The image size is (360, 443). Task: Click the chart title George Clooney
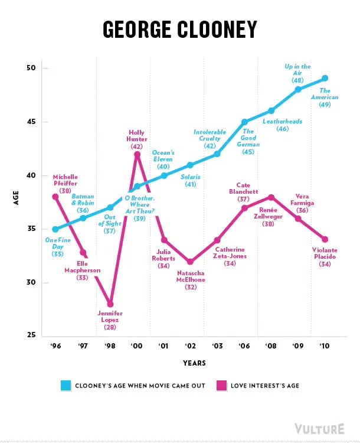tap(180, 29)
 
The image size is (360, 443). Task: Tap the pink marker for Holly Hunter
tap(137, 154)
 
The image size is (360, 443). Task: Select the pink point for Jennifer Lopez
tap(110, 304)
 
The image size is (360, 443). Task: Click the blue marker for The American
tap(325, 79)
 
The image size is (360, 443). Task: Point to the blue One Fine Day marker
tap(55, 229)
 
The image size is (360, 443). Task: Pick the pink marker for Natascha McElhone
tap(190, 262)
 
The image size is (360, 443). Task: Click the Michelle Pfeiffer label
tap(65, 183)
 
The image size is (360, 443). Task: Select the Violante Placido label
tap(325, 256)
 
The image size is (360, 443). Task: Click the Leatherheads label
tap(283, 125)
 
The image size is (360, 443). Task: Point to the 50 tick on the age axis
tap(31, 69)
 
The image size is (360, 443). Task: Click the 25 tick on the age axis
tap(31, 336)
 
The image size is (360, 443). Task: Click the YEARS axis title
tap(190, 363)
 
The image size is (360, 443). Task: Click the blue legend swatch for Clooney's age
tap(67, 386)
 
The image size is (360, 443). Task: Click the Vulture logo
tap(320, 428)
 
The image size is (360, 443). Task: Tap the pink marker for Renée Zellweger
tap(271, 197)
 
